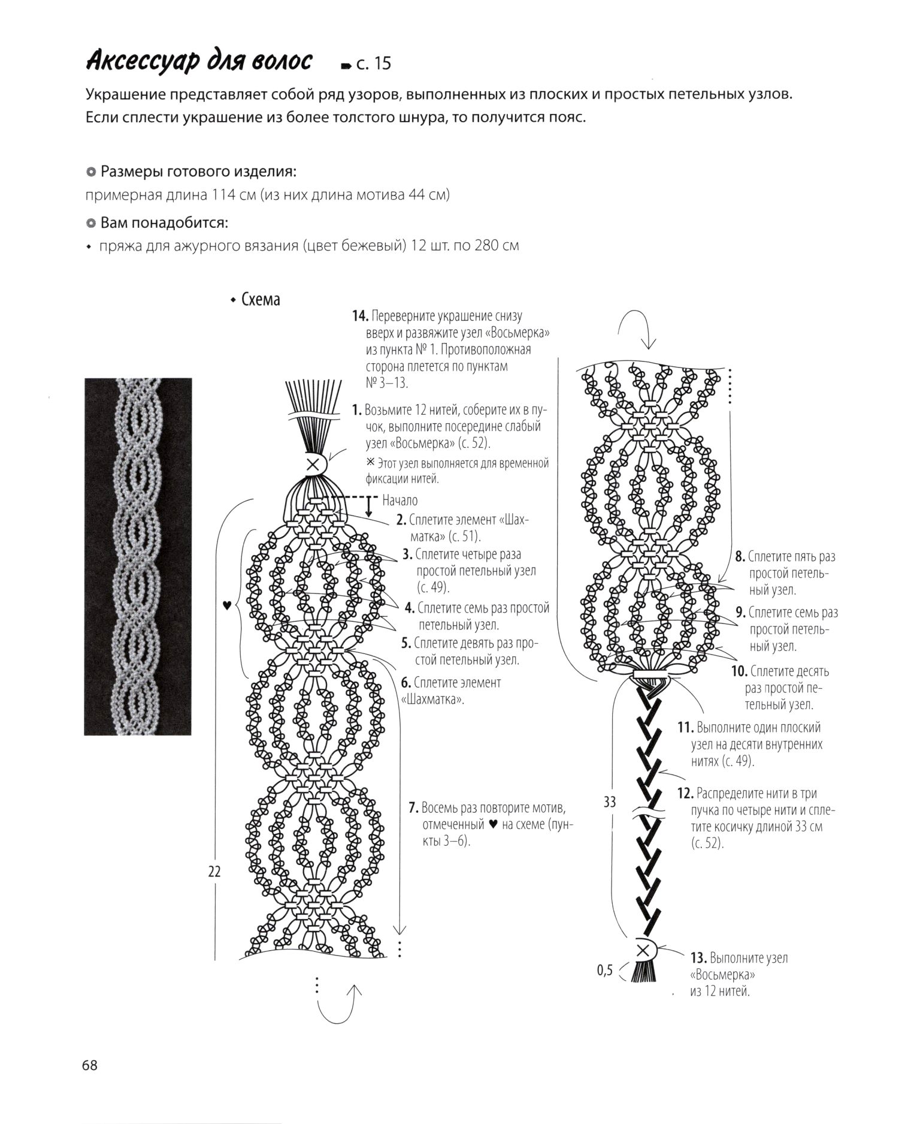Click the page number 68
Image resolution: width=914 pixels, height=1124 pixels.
point(90,1065)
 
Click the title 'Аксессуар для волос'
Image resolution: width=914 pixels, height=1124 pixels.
point(199,62)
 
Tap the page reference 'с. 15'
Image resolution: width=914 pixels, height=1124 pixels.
point(373,64)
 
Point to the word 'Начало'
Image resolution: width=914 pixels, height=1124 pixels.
point(400,500)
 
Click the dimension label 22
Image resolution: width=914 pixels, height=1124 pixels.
point(214,872)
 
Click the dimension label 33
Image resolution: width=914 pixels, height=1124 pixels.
point(610,801)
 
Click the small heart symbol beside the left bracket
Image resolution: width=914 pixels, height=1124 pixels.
point(226,605)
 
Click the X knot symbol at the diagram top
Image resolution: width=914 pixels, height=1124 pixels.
point(312,463)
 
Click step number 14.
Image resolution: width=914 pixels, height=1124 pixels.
point(359,316)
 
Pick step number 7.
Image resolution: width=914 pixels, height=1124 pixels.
point(413,807)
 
